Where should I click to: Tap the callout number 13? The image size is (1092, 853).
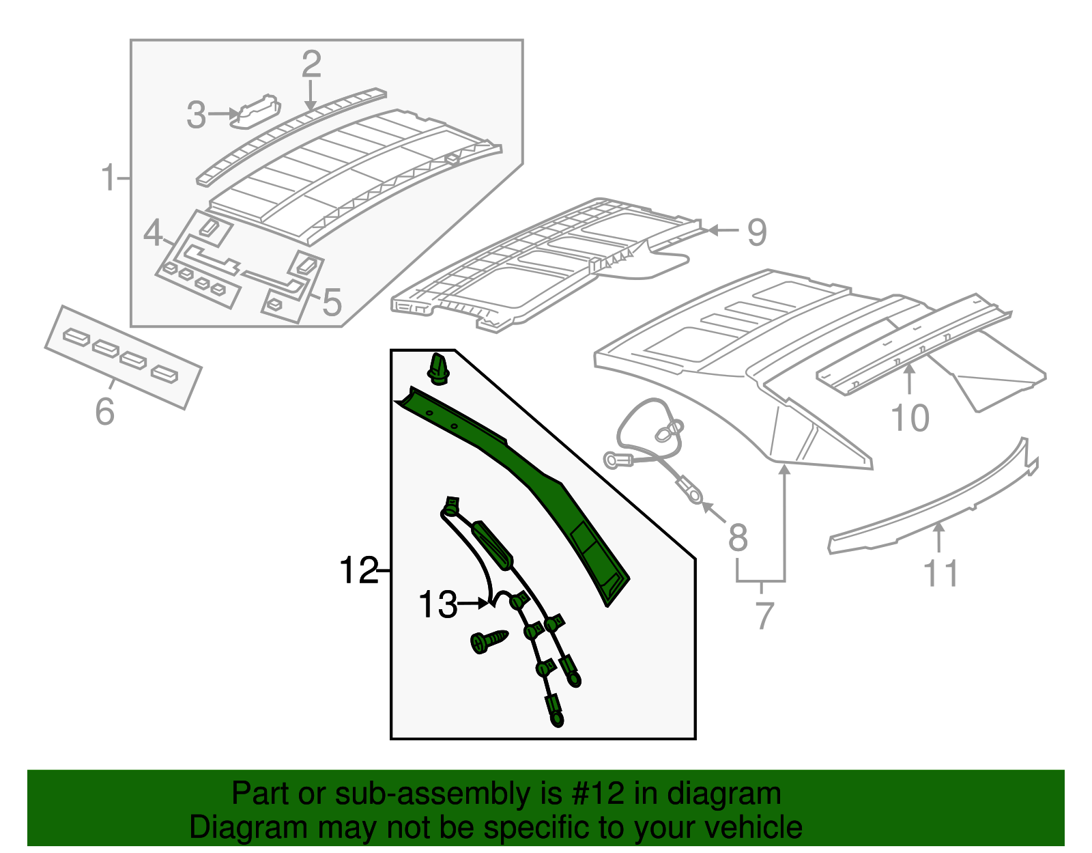(x=437, y=605)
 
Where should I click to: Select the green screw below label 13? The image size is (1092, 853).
(x=489, y=641)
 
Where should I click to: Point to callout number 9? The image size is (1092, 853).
(x=757, y=232)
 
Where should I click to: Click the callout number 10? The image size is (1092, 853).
(x=910, y=418)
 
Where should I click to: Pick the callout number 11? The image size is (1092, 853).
(x=940, y=573)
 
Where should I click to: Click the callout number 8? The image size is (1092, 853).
(x=738, y=537)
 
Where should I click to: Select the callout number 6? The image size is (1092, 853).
(x=104, y=412)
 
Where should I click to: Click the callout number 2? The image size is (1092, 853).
(x=311, y=64)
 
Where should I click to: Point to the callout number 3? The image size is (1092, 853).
(x=196, y=115)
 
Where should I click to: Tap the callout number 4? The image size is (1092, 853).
(x=153, y=234)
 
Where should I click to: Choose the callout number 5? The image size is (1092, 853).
(x=332, y=302)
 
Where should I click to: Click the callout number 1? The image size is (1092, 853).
(x=109, y=178)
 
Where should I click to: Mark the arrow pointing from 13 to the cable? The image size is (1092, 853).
(x=474, y=604)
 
